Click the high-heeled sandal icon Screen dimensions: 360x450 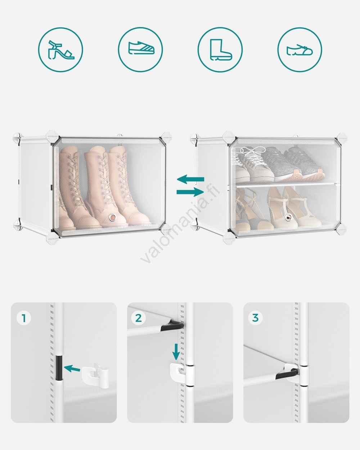(x=61, y=50)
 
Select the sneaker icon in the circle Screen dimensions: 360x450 (x=141, y=48)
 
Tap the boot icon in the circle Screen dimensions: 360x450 (x=221, y=50)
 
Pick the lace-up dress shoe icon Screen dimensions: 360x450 (x=300, y=50)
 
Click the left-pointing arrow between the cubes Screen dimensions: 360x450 (x=190, y=179)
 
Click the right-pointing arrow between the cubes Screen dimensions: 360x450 (x=190, y=192)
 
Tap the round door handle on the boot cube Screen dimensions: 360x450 (x=113, y=217)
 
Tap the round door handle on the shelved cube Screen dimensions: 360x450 (x=289, y=218)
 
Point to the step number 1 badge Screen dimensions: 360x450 (x=24, y=318)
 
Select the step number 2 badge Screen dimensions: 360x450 (x=139, y=318)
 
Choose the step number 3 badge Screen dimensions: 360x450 (x=255, y=318)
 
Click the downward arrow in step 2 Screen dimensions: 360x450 (x=176, y=352)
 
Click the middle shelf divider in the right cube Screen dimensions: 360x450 (x=288, y=184)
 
